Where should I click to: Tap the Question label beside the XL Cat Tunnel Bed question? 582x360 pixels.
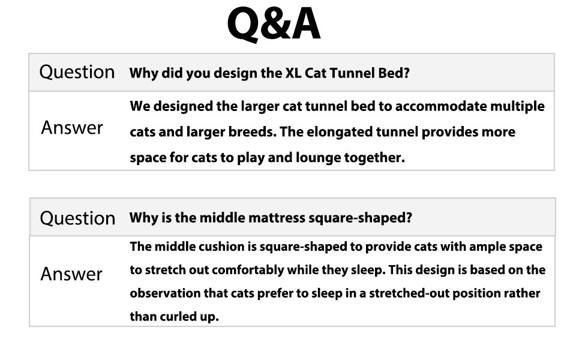[77, 72]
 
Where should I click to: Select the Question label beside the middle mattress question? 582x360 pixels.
[77, 217]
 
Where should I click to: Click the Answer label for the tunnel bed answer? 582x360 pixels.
[72, 127]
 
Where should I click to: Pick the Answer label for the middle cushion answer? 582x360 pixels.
[71, 274]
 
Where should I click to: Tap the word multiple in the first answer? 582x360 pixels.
[516, 106]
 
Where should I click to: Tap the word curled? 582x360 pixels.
[178, 316]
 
